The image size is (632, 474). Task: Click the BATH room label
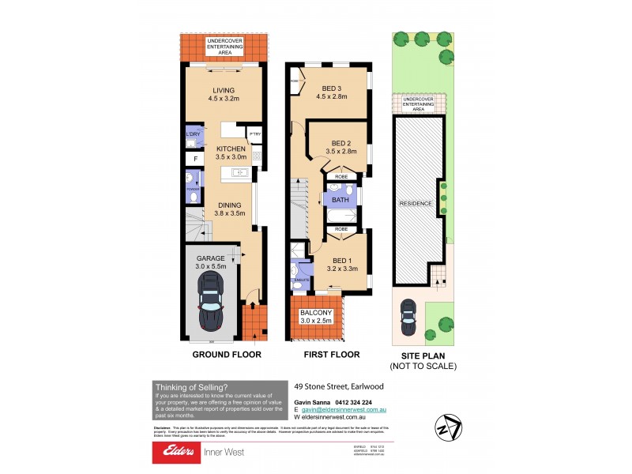point(340,201)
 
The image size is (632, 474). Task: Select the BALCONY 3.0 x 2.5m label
point(316,318)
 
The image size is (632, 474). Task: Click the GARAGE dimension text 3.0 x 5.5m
point(211,267)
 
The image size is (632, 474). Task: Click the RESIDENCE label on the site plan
point(416,203)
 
